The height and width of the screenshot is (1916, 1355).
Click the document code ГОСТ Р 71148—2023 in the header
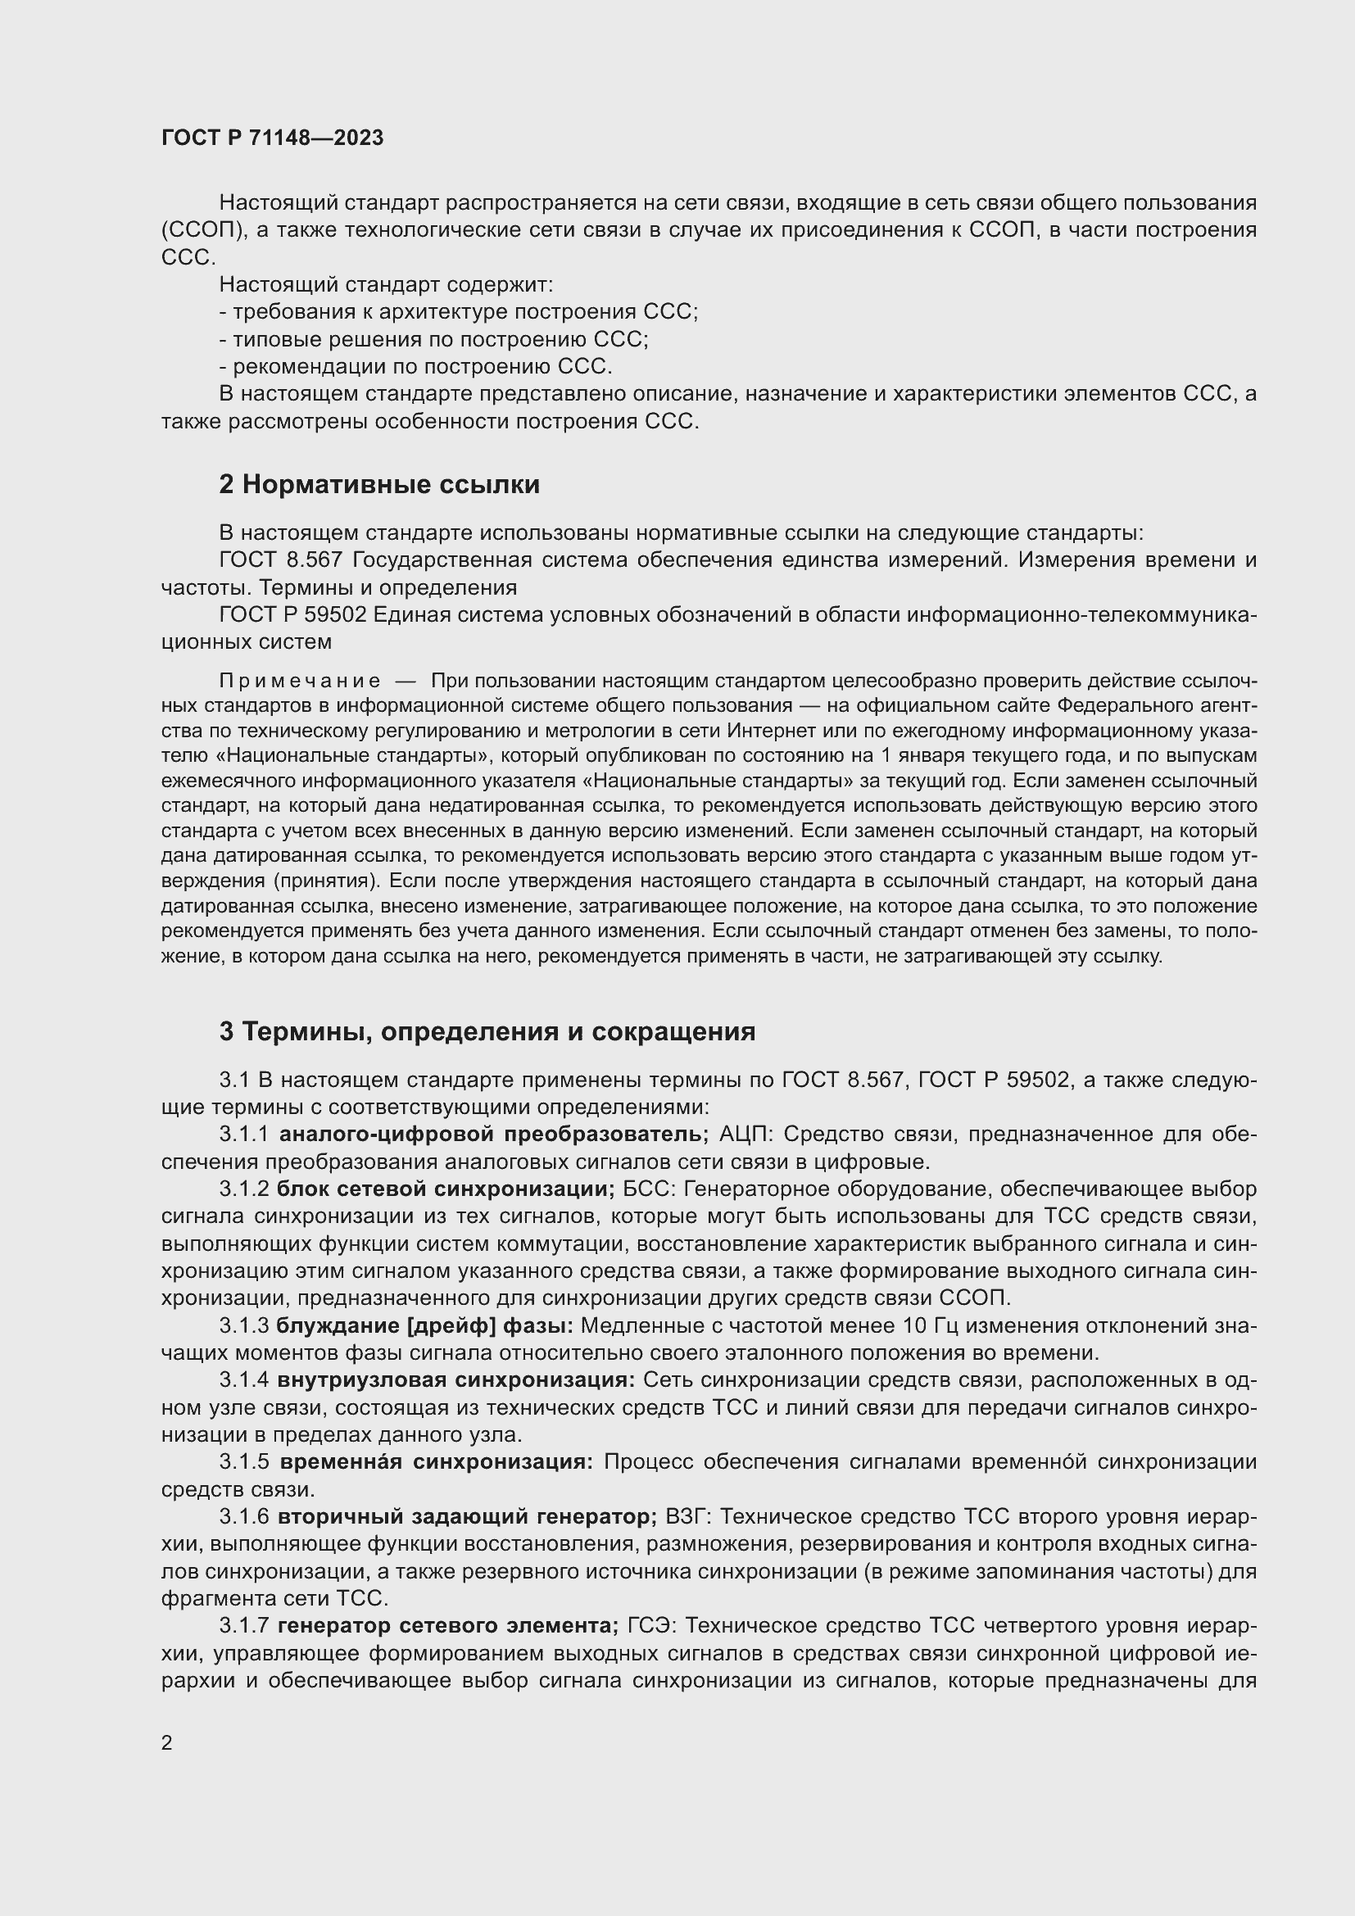(272, 138)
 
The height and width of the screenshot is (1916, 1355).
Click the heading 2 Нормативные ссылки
(378, 484)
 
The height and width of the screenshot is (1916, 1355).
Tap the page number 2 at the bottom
(167, 1742)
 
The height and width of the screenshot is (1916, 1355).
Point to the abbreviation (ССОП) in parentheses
(201, 230)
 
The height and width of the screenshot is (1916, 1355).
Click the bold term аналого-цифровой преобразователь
(493, 1134)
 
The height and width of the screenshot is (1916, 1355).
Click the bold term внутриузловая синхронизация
(456, 1379)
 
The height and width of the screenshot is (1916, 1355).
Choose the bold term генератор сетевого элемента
(447, 1625)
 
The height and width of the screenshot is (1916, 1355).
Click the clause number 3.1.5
(243, 1462)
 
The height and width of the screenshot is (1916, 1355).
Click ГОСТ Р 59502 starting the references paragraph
(292, 615)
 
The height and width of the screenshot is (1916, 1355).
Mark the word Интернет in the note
(768, 731)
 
